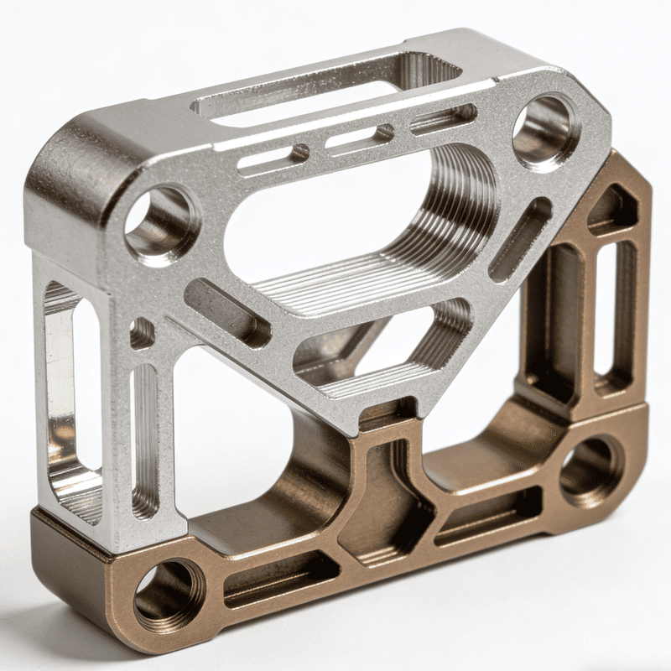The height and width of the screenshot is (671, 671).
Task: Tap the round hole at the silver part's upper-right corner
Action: coord(546,129)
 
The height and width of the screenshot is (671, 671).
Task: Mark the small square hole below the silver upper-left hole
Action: coord(142,334)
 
